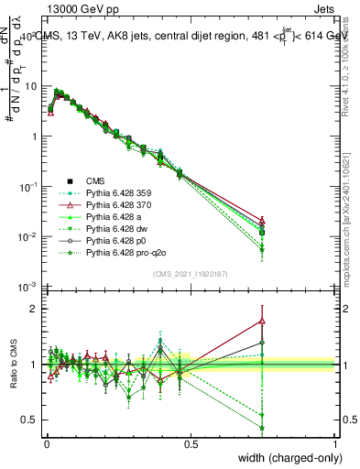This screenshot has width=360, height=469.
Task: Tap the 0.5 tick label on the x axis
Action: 191,442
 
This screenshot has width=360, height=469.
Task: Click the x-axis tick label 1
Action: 336,442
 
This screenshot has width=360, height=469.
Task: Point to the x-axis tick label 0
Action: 46,442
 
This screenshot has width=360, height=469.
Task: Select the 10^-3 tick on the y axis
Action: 28,288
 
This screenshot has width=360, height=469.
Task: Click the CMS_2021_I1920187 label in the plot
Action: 190,276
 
